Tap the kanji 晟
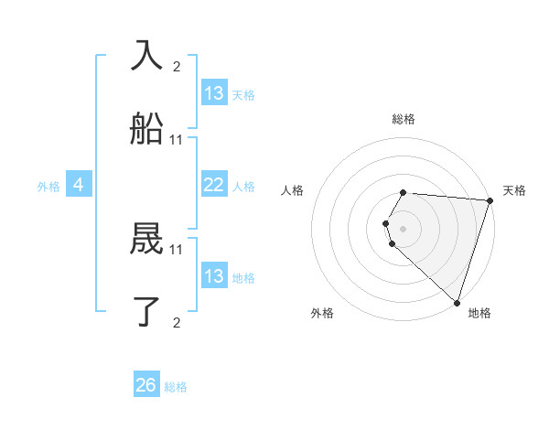(x=146, y=240)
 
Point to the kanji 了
(x=146, y=312)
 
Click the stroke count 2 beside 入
(x=177, y=66)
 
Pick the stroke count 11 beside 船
(x=177, y=139)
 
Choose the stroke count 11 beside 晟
(x=177, y=249)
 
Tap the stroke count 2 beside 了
(x=177, y=322)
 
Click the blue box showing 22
(x=213, y=185)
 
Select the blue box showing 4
(x=78, y=186)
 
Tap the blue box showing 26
(x=146, y=385)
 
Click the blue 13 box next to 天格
(x=213, y=93)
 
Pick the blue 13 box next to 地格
(x=213, y=276)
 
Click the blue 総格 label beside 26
(x=176, y=387)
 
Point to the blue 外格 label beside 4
(x=48, y=187)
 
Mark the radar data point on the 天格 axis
(x=490, y=200)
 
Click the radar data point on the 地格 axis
(x=457, y=302)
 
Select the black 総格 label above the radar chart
(x=404, y=119)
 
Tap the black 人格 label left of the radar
(x=292, y=190)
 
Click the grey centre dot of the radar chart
(x=404, y=228)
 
